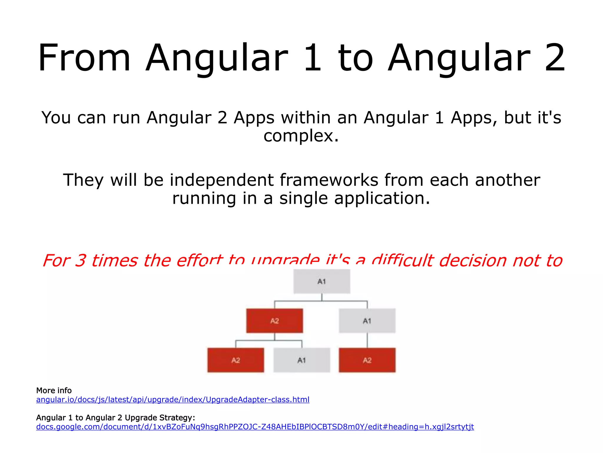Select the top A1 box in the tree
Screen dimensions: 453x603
click(322, 281)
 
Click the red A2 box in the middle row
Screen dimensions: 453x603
click(274, 321)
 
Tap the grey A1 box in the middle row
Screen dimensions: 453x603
click(367, 321)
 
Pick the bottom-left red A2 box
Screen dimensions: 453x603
click(236, 360)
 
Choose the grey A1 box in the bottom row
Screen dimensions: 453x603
click(301, 360)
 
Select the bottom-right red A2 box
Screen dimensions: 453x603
click(367, 360)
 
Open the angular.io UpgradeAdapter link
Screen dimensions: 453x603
click(173, 400)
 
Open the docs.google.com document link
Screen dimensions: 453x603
click(255, 427)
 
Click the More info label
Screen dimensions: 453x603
click(54, 390)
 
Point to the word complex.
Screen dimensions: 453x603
click(301, 136)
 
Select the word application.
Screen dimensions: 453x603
click(382, 198)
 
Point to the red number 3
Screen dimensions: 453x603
click(80, 260)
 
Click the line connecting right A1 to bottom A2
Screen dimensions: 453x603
click(367, 340)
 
